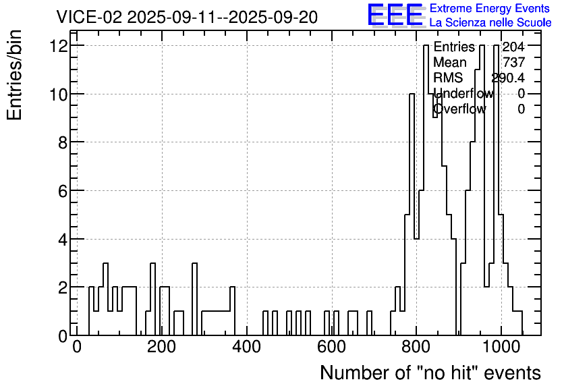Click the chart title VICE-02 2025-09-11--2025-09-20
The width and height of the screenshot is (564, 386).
click(x=187, y=17)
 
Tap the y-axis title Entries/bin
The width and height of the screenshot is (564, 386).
click(x=15, y=75)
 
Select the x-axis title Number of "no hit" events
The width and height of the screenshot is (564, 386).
click(x=430, y=373)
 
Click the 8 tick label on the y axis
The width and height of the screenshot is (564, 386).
click(x=63, y=143)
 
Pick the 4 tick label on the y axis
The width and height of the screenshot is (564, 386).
click(x=63, y=240)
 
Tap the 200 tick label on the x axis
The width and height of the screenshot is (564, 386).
click(x=161, y=347)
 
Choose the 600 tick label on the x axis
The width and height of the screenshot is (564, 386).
click(x=332, y=347)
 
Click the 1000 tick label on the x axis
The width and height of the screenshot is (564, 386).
click(x=501, y=347)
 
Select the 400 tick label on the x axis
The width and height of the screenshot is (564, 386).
click(x=247, y=347)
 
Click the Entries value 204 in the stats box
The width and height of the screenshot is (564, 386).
click(x=513, y=47)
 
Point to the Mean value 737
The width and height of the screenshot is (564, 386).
click(x=514, y=62)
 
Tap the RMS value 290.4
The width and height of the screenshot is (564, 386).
click(x=508, y=78)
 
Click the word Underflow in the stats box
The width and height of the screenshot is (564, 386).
click(x=463, y=93)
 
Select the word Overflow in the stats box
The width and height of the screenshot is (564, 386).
click(x=459, y=109)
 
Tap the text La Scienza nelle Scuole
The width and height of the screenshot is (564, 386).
click(x=490, y=22)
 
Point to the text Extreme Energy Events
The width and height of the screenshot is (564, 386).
click(x=490, y=8)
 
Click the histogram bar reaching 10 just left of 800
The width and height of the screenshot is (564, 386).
click(x=412, y=215)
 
